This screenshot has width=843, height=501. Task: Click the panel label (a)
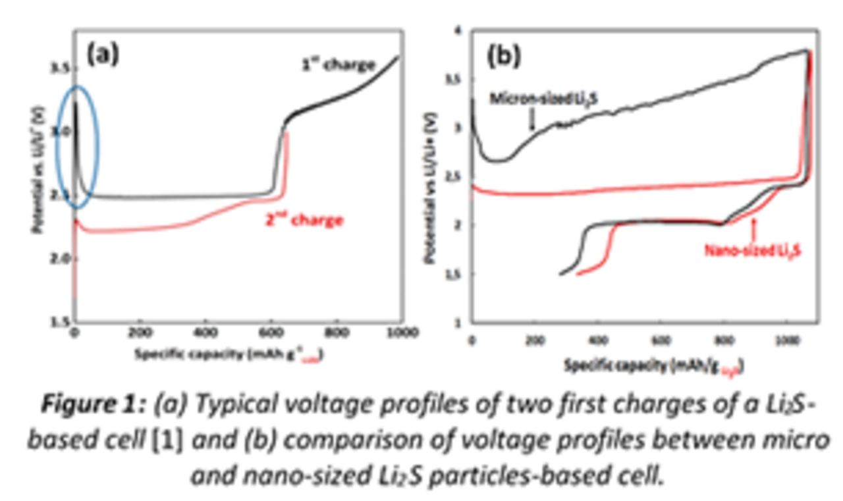tap(103, 53)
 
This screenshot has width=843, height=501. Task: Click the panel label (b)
tap(503, 56)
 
